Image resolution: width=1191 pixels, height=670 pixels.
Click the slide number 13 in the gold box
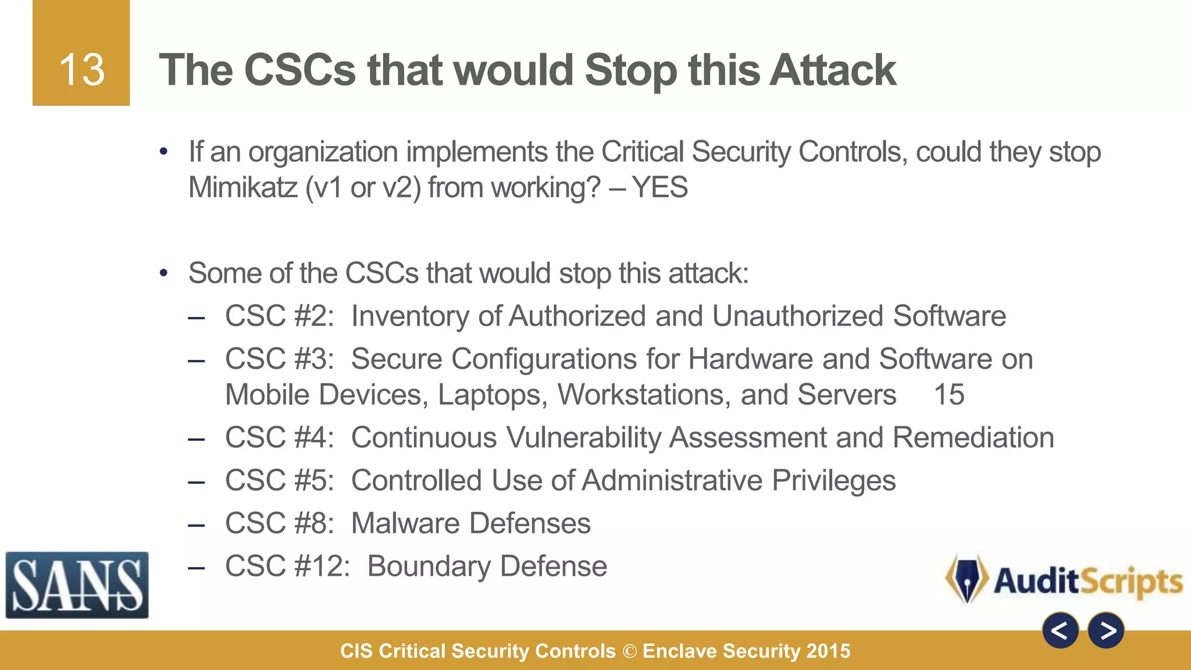(81, 70)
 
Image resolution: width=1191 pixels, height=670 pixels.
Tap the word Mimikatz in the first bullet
(243, 188)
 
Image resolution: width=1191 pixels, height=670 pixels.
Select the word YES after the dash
(659, 188)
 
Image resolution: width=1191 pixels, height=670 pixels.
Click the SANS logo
(77, 585)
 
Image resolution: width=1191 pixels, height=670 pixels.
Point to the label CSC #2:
(279, 316)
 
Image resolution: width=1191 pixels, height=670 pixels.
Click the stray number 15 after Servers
(948, 395)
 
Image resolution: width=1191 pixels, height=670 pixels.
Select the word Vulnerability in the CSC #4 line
(583, 438)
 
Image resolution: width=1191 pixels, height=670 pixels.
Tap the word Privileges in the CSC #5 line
(833, 481)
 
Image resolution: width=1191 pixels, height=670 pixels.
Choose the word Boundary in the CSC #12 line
(429, 566)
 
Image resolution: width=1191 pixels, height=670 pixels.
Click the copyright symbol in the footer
(629, 651)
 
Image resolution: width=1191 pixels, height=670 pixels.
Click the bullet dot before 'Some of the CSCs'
(164, 273)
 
